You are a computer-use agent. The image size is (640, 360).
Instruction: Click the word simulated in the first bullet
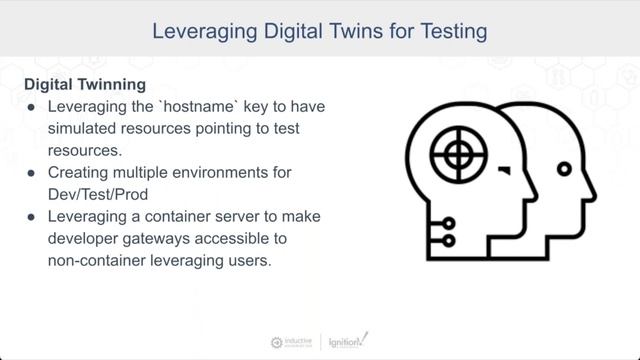83,129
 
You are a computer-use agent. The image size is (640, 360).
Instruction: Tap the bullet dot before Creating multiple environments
33,173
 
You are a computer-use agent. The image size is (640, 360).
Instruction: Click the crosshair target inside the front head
457,153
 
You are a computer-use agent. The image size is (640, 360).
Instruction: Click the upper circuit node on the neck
449,223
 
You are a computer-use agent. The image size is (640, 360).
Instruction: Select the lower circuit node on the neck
449,241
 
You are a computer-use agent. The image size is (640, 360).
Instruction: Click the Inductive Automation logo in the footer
293,342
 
